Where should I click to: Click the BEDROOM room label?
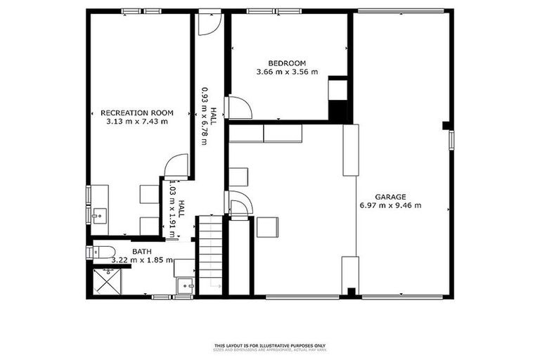tap(286, 63)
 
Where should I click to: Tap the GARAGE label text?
tap(390, 197)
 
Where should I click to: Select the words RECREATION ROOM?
tap(136, 112)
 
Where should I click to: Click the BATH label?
tap(142, 251)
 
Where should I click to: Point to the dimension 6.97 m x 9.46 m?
tap(390, 205)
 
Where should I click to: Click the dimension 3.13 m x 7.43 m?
tap(136, 121)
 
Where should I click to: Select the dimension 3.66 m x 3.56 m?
tap(286, 72)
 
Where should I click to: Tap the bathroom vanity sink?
tap(185, 286)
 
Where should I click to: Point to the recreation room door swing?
tap(176, 166)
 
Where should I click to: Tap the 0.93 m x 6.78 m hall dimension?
tap(204, 116)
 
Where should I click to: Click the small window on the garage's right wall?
tap(451, 139)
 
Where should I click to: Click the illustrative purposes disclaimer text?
tap(270, 346)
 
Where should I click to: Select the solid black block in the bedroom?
tap(339, 111)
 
